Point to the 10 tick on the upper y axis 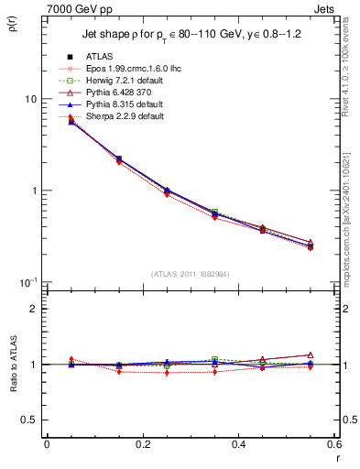[x=30, y=99]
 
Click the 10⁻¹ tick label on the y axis [x=27, y=282]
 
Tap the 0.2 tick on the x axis [x=143, y=445]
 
